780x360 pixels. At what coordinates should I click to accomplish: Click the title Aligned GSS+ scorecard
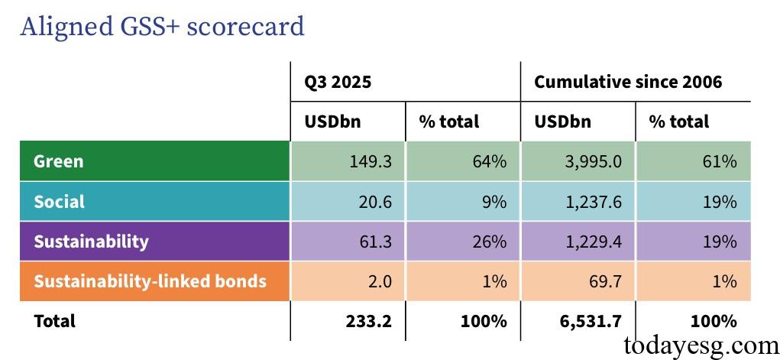click(x=162, y=27)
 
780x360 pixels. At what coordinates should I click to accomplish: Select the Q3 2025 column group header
click(x=338, y=82)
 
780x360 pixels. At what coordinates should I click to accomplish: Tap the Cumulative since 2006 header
click(x=627, y=82)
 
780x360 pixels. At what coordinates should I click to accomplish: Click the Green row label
click(x=59, y=161)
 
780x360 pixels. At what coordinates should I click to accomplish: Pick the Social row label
click(x=59, y=202)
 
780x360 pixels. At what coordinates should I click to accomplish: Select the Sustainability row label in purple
click(x=91, y=242)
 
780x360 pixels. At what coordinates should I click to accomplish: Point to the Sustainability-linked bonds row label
click(x=150, y=281)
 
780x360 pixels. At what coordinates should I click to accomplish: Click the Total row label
click(x=54, y=321)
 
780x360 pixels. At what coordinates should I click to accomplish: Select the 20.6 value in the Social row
click(x=376, y=202)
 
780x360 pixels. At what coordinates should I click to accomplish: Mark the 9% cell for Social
click(x=494, y=202)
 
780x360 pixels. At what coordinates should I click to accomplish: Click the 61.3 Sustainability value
click(x=376, y=242)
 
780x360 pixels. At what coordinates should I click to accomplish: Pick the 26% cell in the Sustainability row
click(x=489, y=242)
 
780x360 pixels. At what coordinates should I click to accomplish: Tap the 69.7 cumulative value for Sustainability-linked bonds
click(x=606, y=281)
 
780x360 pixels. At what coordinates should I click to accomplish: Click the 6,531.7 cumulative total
click(x=588, y=321)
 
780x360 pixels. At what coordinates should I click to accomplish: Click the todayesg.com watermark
click(x=701, y=345)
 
